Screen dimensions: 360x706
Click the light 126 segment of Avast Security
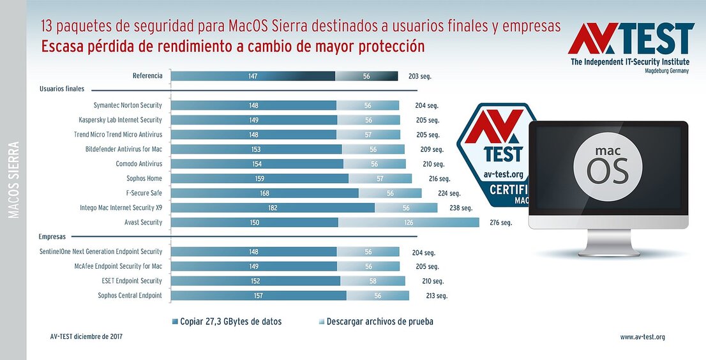click(409, 222)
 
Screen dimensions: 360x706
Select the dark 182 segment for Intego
click(273, 207)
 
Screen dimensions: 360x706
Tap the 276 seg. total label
click(500, 223)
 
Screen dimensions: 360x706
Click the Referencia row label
click(147, 76)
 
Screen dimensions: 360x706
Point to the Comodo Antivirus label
click(139, 164)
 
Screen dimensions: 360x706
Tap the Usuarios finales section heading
click(61, 89)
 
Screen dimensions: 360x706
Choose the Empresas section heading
click(52, 236)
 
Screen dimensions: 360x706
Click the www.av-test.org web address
click(642, 337)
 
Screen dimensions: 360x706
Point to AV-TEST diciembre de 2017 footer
click(86, 336)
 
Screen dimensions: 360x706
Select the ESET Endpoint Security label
click(132, 281)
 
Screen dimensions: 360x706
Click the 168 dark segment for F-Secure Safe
click(264, 193)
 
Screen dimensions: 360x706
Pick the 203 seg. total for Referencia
click(420, 77)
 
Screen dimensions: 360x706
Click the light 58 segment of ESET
click(372, 281)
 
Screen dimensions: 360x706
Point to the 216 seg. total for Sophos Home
click(439, 179)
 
